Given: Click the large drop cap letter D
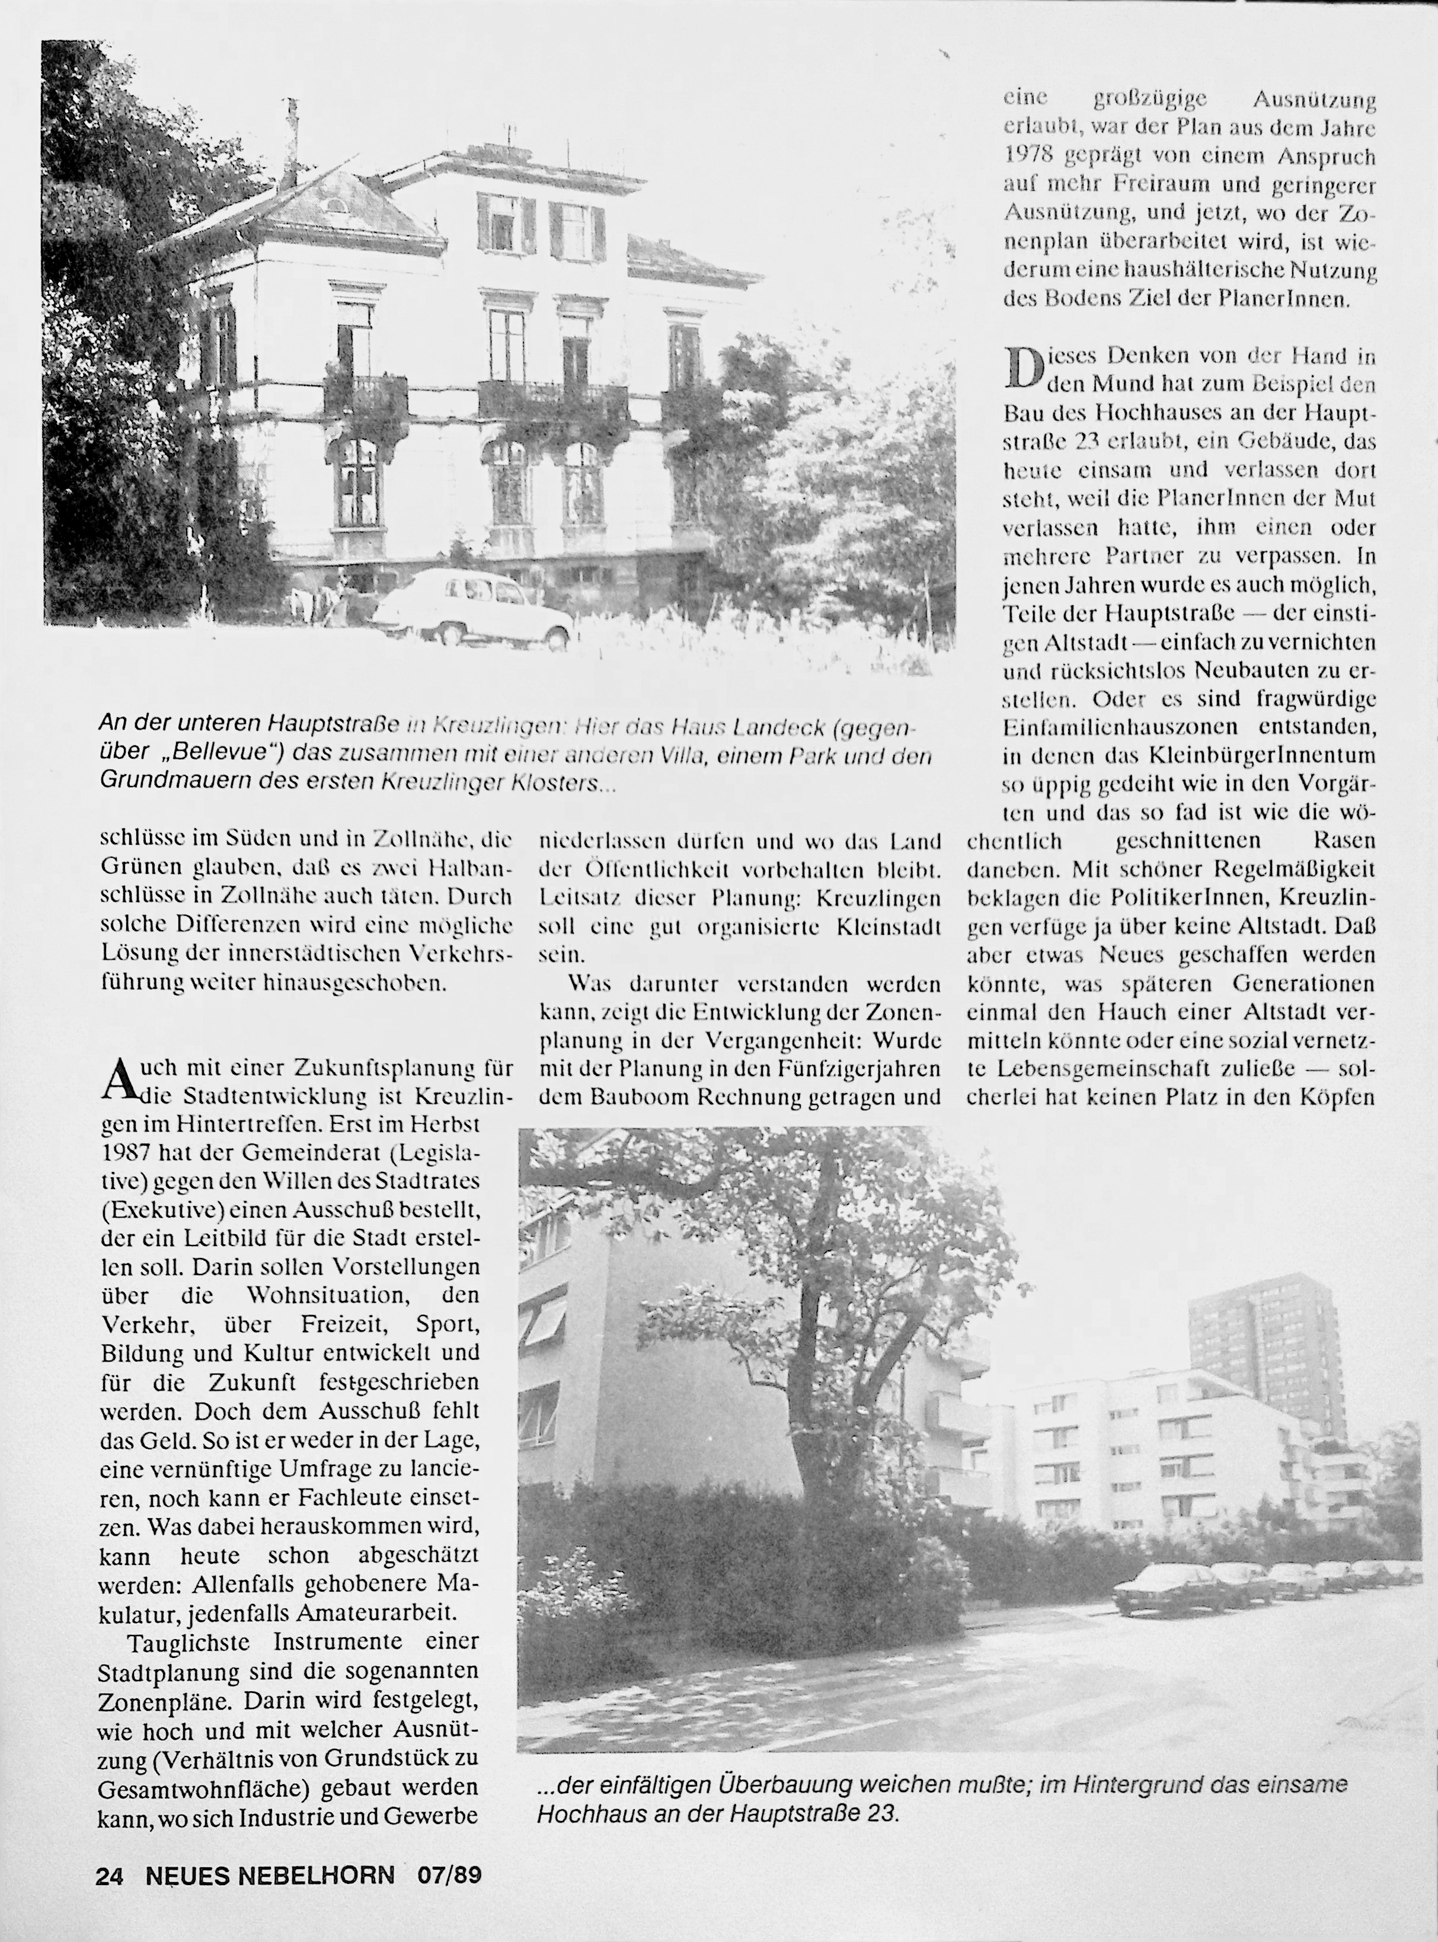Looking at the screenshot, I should [1024, 368].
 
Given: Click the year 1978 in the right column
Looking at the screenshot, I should [1030, 156].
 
